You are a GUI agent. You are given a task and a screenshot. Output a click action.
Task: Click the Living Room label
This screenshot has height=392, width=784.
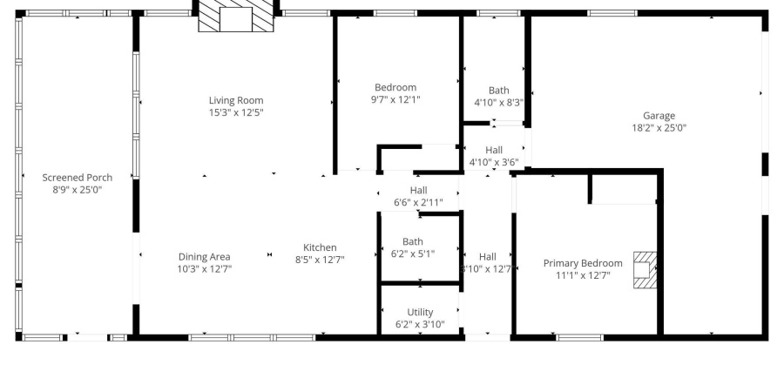[235, 100]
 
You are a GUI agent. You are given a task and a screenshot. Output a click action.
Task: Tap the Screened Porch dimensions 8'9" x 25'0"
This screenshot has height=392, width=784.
[78, 189]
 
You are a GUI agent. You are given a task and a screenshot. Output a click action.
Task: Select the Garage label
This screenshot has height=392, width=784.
[659, 116]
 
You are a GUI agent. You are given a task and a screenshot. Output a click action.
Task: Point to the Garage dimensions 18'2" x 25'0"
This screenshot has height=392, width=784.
[659, 127]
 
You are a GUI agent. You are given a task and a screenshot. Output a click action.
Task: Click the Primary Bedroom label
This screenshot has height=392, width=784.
[583, 263]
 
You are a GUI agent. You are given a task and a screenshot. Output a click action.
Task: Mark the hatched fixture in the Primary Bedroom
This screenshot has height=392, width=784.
[645, 270]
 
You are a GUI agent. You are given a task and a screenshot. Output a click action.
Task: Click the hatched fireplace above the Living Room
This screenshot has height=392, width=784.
[234, 17]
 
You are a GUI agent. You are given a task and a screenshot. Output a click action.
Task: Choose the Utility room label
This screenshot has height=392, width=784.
[420, 313]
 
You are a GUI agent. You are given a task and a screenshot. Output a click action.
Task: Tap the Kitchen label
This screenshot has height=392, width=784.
[320, 247]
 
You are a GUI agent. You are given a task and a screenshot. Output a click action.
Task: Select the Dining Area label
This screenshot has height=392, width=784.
[204, 257]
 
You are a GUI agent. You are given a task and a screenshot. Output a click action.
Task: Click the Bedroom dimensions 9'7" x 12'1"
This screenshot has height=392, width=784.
[395, 99]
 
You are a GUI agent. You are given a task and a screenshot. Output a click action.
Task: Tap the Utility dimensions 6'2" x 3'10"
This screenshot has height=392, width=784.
[420, 325]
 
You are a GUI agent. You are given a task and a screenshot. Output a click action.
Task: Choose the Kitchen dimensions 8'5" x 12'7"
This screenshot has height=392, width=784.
[320, 260]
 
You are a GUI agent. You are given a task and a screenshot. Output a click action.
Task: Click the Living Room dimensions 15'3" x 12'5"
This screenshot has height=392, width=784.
[235, 112]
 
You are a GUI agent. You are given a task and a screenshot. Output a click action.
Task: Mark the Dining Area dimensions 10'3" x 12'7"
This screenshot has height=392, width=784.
[204, 269]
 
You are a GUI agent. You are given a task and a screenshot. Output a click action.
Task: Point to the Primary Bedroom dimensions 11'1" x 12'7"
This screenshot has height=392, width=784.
[583, 275]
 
